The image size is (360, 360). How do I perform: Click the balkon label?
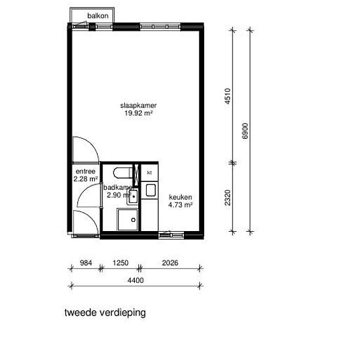(98, 16)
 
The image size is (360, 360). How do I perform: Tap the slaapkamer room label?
(139, 105)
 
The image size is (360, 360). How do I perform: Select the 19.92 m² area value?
(139, 113)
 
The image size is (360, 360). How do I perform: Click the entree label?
(85, 171)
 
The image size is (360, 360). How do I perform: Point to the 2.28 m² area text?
(86, 179)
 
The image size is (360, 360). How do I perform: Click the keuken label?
(181, 197)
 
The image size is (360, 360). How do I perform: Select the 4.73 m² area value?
(181, 205)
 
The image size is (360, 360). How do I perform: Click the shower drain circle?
(134, 220)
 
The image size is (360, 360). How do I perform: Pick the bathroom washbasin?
(133, 196)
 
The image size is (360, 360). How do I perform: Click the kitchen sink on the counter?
(151, 190)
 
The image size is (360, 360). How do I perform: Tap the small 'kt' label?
(149, 173)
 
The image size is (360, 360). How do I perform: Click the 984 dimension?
(86, 262)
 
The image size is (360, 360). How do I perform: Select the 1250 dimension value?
(120, 262)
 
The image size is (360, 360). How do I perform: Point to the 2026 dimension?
(170, 262)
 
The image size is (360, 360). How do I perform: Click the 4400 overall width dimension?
(135, 280)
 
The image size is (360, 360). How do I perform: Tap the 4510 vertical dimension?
(227, 96)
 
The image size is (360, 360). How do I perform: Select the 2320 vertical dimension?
(227, 198)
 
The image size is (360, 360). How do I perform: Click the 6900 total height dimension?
(245, 131)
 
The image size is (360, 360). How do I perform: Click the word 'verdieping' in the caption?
(123, 313)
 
